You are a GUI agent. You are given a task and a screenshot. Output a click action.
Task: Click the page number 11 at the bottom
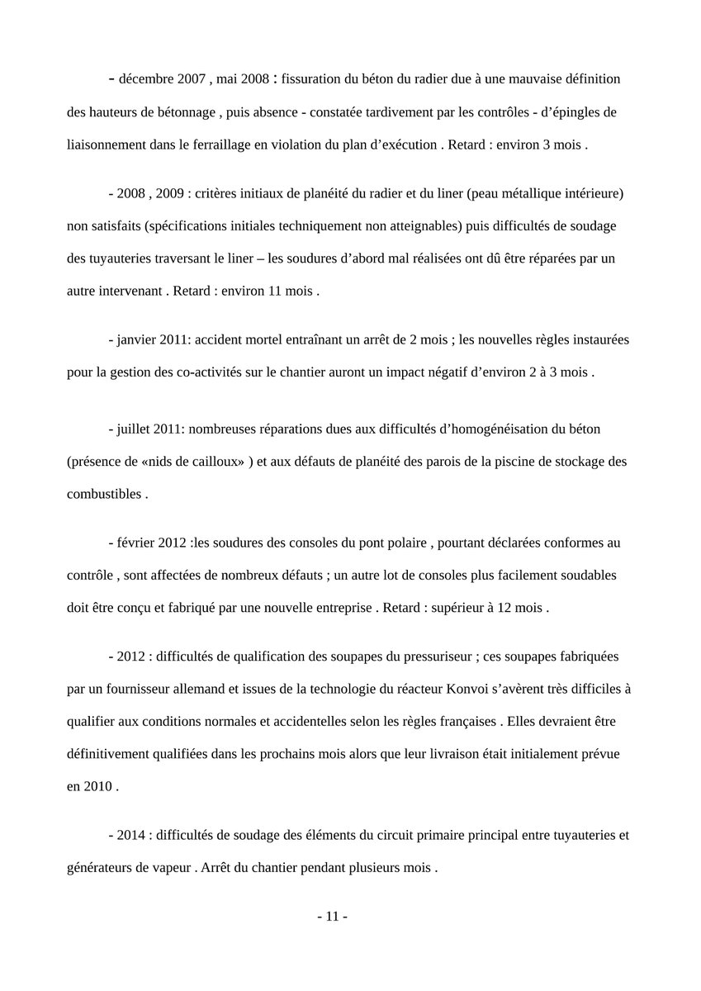333,917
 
